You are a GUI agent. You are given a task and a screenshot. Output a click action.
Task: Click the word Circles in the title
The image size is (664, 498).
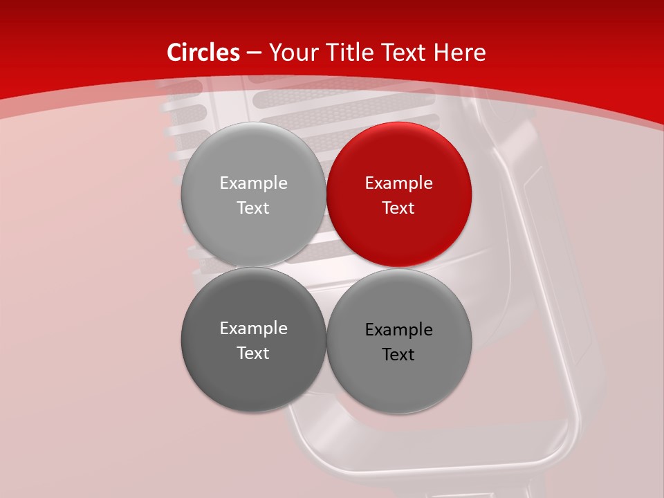tap(203, 53)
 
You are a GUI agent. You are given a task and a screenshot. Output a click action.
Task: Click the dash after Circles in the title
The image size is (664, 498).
tap(253, 53)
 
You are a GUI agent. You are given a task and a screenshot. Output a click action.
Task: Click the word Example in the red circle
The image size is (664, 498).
tap(399, 183)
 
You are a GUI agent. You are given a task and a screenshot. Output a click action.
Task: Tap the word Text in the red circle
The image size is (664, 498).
tap(399, 208)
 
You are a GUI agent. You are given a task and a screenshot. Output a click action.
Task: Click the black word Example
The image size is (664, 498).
tap(399, 330)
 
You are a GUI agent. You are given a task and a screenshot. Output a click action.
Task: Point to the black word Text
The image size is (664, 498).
tap(399, 355)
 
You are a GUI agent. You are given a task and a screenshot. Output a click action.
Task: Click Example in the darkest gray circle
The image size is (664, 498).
tap(253, 329)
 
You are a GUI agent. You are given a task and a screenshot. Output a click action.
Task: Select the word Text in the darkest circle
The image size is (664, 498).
tap(253, 353)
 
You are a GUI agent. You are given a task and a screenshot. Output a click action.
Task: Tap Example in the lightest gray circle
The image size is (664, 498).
tap(253, 183)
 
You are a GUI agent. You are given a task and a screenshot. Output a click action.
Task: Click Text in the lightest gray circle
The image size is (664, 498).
tap(253, 208)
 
